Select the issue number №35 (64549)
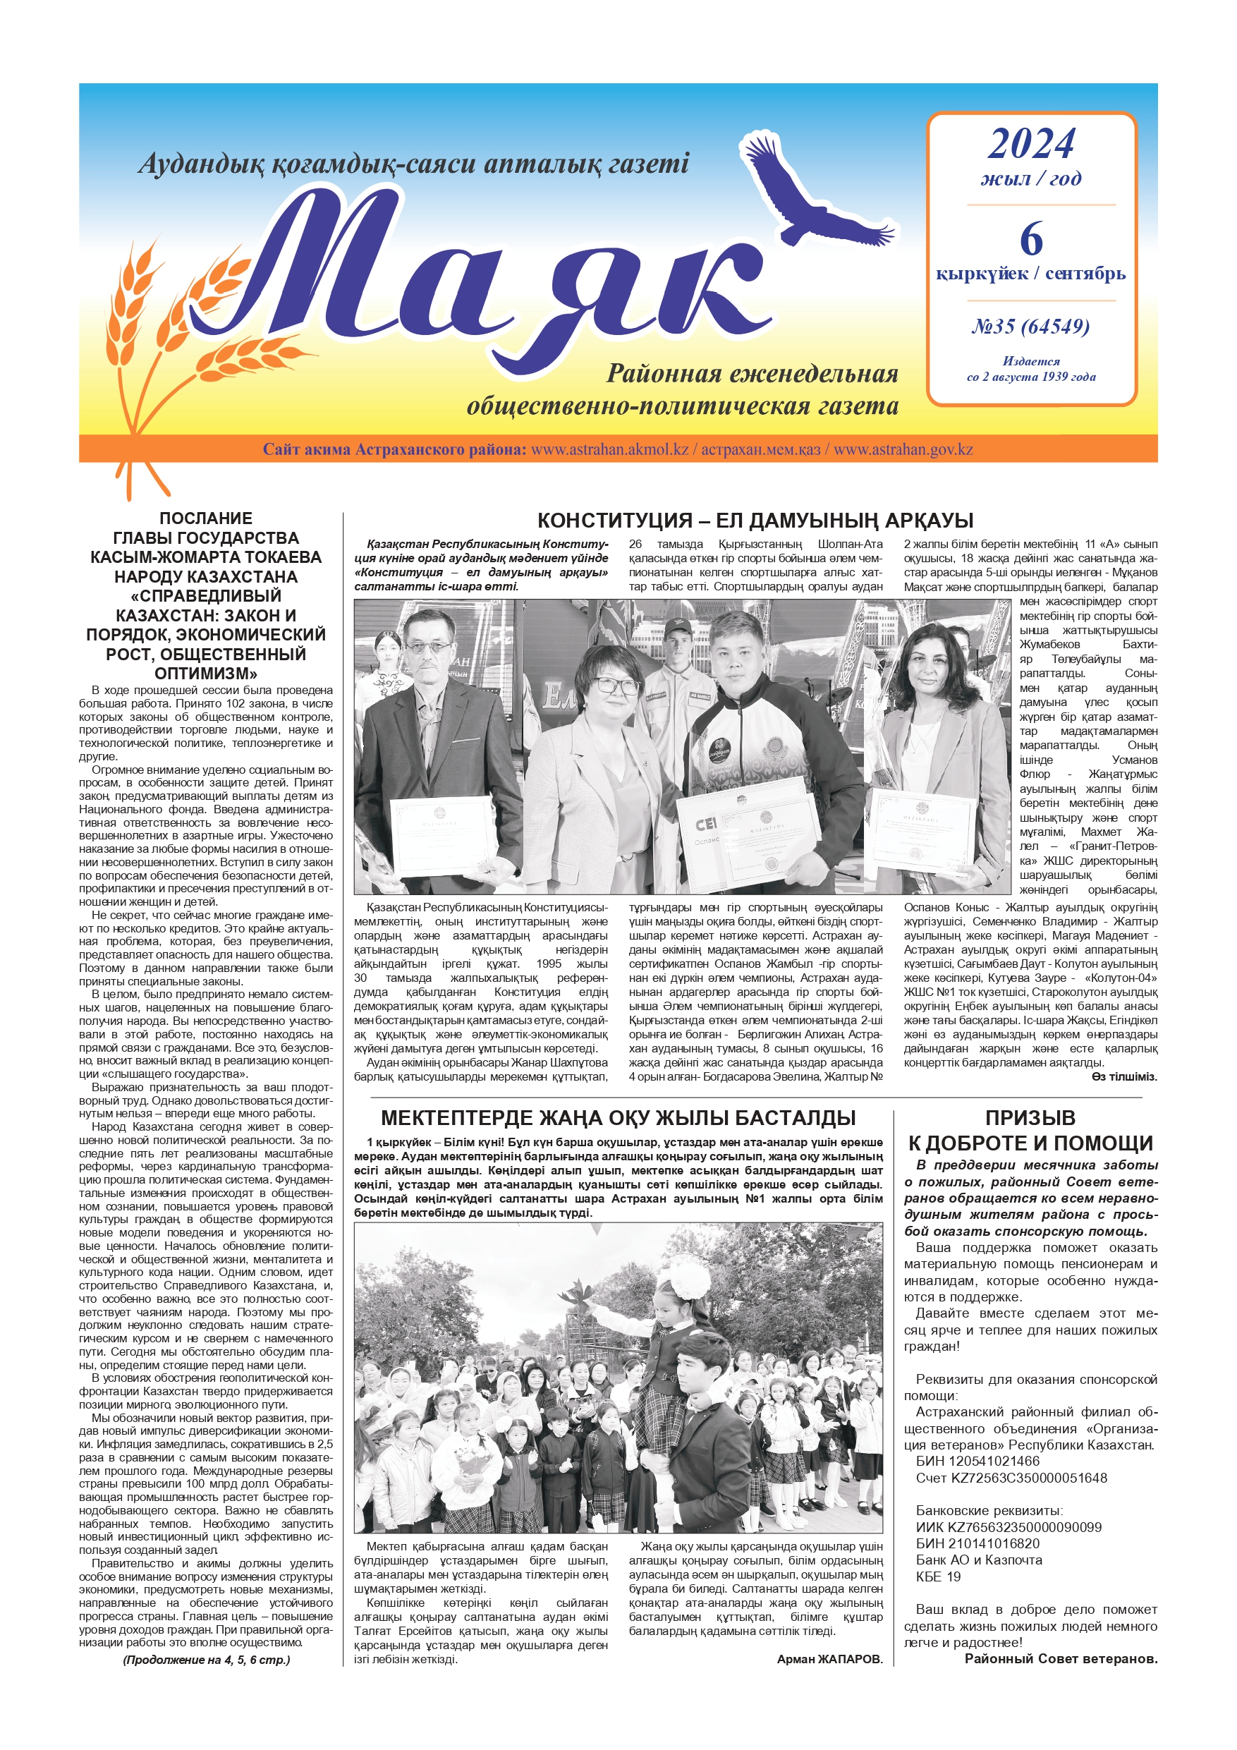point(1030,327)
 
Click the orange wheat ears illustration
point(152,328)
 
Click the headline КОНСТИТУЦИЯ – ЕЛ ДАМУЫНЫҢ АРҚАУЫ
point(755,521)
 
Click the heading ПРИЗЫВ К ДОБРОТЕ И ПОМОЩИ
point(1030,1130)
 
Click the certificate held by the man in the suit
point(442,836)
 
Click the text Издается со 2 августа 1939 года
point(1030,369)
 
